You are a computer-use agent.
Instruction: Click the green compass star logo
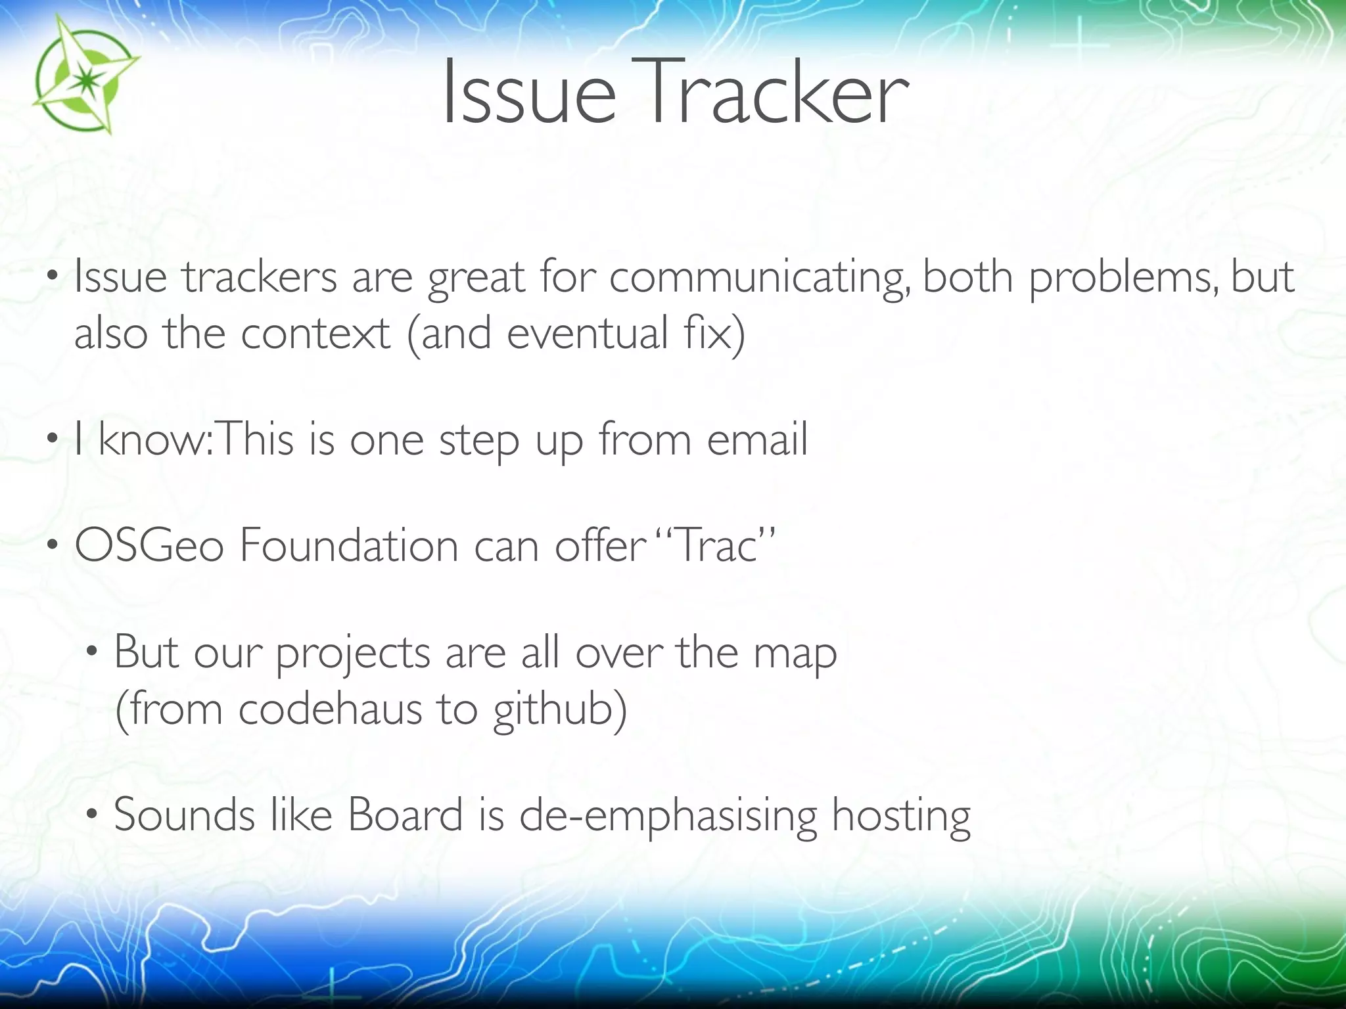(x=84, y=76)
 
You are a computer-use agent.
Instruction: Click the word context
(x=316, y=334)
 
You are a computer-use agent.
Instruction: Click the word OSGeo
(x=149, y=547)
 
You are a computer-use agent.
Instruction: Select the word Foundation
(x=349, y=547)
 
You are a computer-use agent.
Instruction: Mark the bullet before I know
(x=53, y=439)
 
